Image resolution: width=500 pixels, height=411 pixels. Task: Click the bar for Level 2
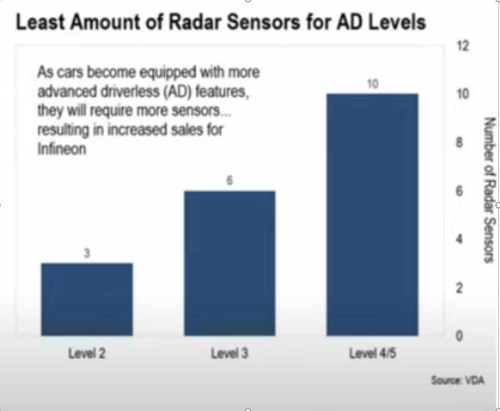pos(87,299)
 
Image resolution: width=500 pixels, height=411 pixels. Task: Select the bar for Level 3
pos(229,264)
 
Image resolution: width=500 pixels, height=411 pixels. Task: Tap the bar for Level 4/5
pos(372,215)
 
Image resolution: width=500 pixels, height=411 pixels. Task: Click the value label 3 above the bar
pos(87,253)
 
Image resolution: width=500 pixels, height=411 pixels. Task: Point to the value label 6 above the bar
pos(229,180)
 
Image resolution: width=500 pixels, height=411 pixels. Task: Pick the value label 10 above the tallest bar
pos(372,84)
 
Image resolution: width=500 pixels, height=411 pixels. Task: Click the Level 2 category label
pos(87,353)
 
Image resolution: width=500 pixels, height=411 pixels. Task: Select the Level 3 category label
pos(229,353)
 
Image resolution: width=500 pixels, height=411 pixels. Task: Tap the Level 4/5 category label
pos(372,353)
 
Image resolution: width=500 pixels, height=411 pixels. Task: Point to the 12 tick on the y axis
pos(463,46)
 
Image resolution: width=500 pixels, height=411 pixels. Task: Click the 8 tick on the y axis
pos(459,143)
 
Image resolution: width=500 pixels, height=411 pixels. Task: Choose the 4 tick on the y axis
pos(459,239)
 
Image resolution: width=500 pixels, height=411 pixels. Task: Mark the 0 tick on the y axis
pos(459,336)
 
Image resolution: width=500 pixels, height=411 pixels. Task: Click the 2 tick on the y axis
pos(459,288)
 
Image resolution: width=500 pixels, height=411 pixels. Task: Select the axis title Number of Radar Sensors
pos(490,190)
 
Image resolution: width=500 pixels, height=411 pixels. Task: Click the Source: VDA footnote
pos(458,380)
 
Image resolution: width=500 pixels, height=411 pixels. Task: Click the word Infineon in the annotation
pos(62,149)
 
